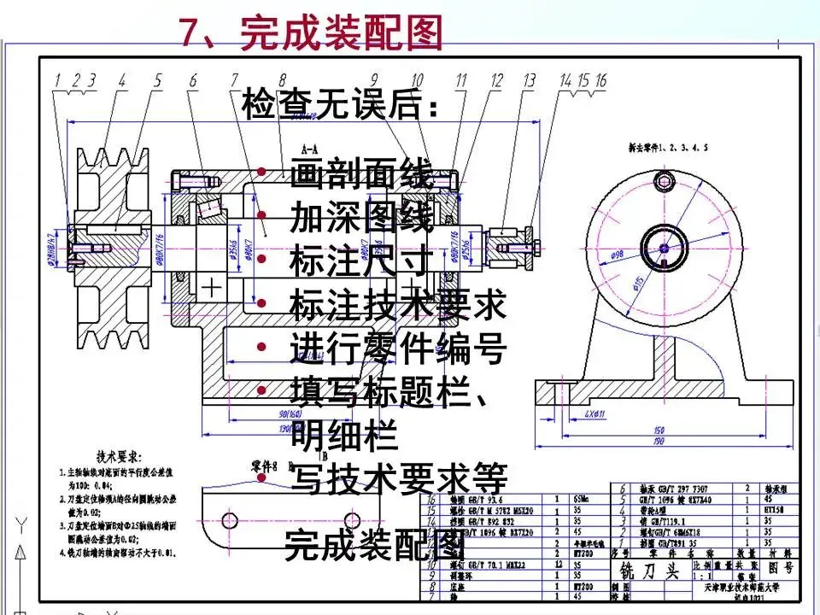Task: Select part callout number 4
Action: [x=122, y=80]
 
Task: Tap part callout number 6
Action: [x=193, y=80]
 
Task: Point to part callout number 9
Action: [x=374, y=80]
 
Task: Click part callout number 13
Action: [x=530, y=80]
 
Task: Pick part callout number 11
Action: [x=461, y=80]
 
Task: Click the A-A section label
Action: [x=310, y=147]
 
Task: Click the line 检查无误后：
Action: [x=342, y=106]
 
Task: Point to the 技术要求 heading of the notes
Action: [x=120, y=457]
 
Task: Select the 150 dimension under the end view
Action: [x=659, y=430]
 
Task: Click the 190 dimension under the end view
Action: [x=659, y=443]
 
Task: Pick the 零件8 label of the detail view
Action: [x=264, y=467]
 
